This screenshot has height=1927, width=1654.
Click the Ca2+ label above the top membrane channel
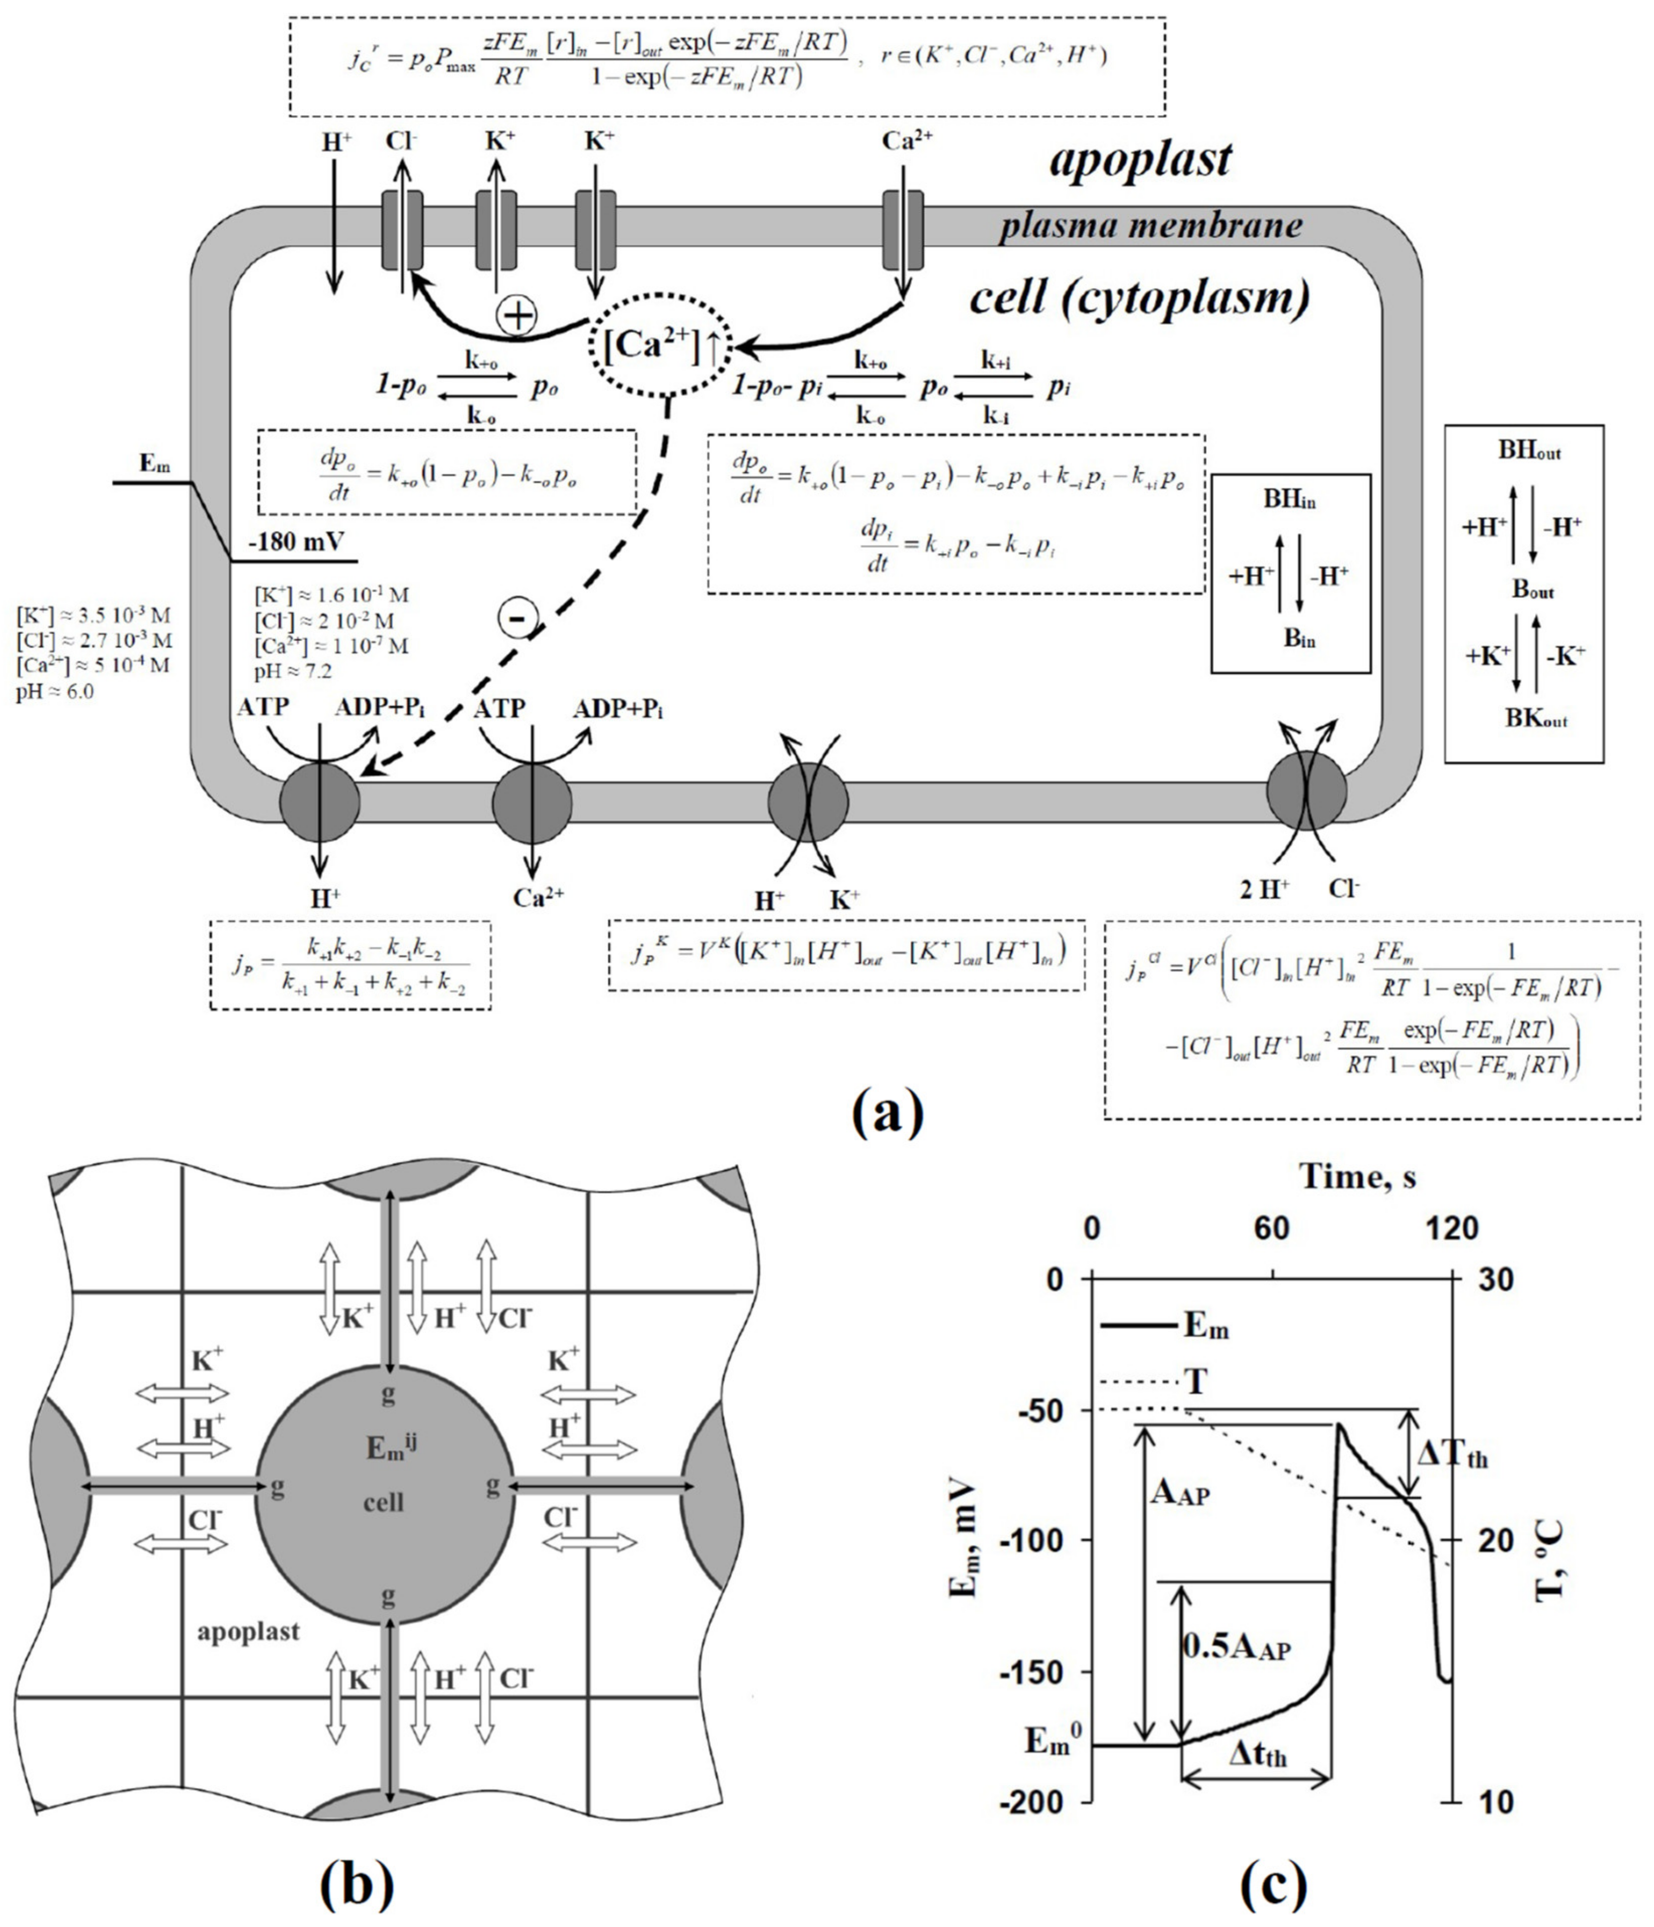point(907,141)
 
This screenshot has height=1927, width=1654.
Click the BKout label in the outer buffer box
point(1536,719)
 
